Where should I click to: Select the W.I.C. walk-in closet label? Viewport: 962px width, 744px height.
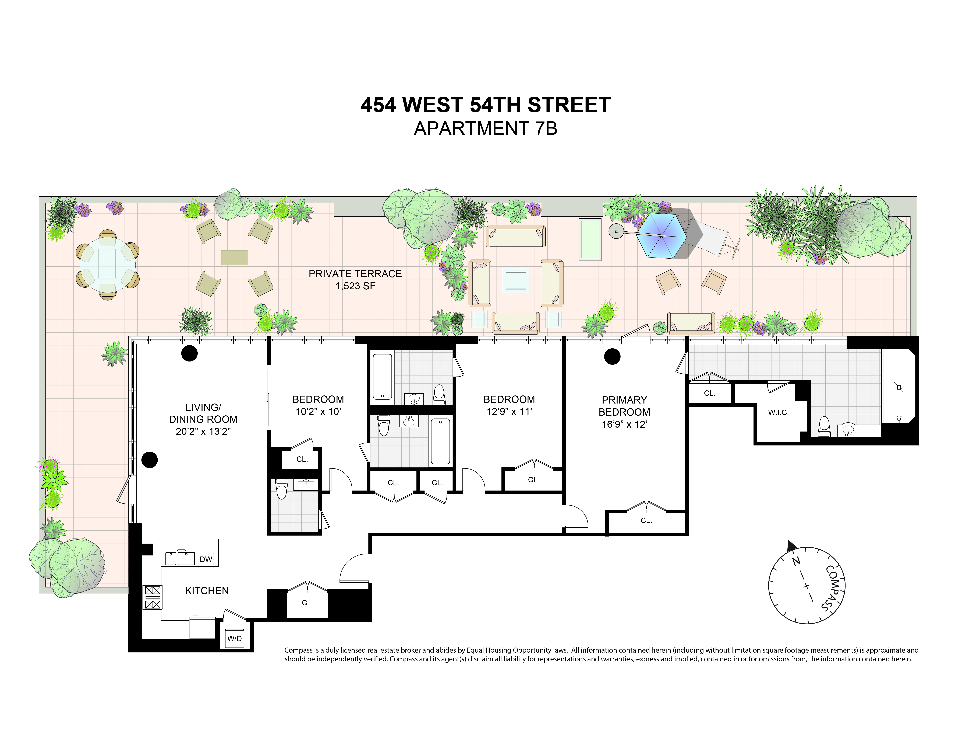pyautogui.click(x=778, y=413)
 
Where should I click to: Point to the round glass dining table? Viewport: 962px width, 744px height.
pyautogui.click(x=107, y=265)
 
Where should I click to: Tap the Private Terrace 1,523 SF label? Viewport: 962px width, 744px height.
pyautogui.click(x=355, y=280)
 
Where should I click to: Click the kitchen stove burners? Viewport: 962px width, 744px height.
pyautogui.click(x=152, y=597)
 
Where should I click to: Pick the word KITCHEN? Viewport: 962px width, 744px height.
pyautogui.click(x=207, y=591)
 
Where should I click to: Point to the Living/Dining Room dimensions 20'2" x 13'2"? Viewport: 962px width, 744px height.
pyautogui.click(x=203, y=432)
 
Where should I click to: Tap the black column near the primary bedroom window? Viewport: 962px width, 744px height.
pyautogui.click(x=612, y=357)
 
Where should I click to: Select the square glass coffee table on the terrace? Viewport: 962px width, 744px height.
pyautogui.click(x=515, y=280)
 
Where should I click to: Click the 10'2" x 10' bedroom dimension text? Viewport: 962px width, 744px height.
pyautogui.click(x=318, y=412)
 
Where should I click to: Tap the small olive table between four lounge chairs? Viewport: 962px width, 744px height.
pyautogui.click(x=234, y=257)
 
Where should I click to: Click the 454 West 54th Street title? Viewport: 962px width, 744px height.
pyautogui.click(x=485, y=105)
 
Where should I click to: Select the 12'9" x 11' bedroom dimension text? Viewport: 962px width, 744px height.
pyautogui.click(x=509, y=412)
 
